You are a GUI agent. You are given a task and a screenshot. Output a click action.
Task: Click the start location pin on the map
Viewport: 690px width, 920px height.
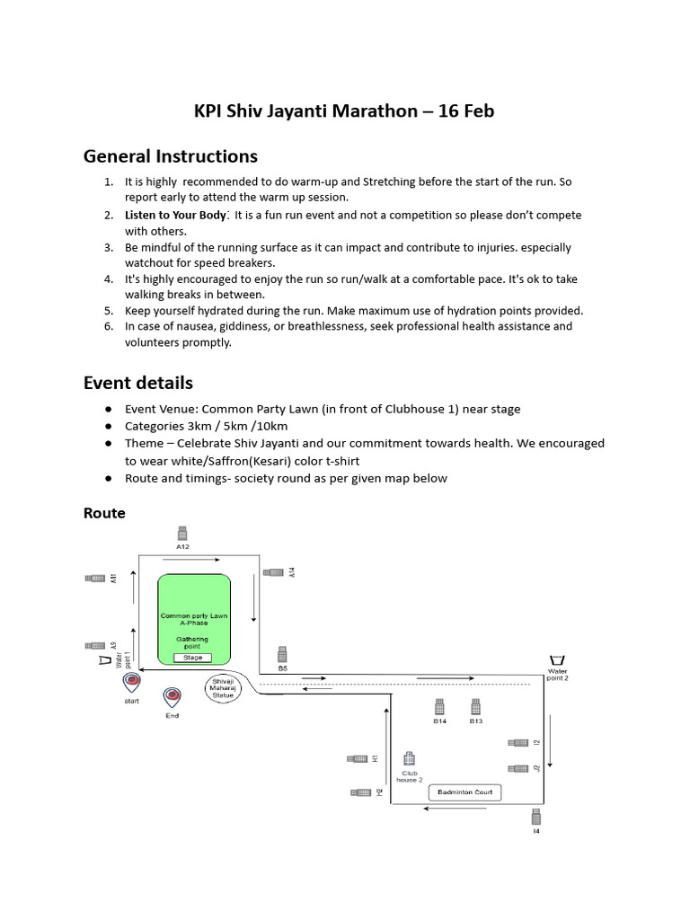tap(132, 681)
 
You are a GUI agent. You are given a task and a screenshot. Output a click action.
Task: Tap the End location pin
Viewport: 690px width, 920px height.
tap(172, 695)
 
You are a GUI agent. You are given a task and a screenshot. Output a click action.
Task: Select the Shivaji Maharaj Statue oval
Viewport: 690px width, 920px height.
tap(224, 688)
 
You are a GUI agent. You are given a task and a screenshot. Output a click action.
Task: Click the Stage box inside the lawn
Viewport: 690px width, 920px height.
tap(193, 658)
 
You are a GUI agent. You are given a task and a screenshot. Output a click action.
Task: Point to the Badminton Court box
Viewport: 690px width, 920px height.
tap(464, 792)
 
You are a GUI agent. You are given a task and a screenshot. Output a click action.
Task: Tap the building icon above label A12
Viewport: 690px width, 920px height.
tap(182, 531)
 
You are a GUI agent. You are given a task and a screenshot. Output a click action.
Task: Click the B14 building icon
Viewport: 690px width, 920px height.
tap(439, 707)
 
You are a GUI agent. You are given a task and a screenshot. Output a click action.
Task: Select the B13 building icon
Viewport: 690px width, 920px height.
tap(475, 707)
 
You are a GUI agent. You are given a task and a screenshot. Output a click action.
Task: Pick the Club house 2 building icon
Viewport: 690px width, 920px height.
tap(409, 758)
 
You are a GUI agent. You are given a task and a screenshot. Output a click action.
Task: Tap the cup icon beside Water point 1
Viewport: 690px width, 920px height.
tap(106, 660)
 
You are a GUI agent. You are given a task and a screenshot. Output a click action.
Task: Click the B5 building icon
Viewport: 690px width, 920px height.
tap(282, 654)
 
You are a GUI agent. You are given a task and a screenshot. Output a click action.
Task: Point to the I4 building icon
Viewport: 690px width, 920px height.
tap(536, 816)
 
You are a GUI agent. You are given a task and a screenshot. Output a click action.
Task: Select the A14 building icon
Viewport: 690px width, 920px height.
tap(273, 571)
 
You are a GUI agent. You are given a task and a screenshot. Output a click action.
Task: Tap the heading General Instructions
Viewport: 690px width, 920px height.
tap(171, 156)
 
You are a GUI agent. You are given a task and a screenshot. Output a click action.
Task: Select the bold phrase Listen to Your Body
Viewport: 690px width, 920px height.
tap(175, 216)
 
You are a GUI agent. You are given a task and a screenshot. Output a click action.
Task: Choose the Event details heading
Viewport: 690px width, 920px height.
tap(138, 384)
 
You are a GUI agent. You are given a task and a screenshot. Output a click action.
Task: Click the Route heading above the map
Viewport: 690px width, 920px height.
tap(104, 513)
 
